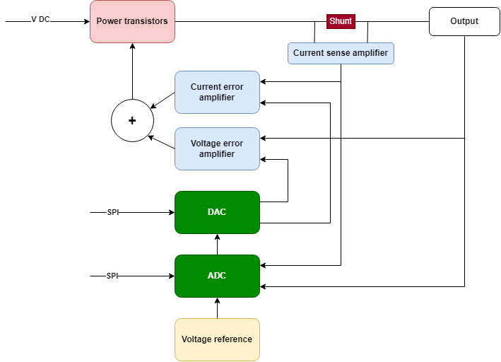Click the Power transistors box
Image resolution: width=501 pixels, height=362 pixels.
132,21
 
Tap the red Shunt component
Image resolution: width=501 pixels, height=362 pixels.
341,21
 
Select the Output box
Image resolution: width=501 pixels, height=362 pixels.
464,21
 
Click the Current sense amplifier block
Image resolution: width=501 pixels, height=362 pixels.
341,53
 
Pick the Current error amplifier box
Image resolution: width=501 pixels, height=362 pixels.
217,92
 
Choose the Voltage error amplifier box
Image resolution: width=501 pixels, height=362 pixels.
217,148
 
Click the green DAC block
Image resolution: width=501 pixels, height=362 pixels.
217,212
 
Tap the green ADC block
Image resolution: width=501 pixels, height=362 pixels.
217,276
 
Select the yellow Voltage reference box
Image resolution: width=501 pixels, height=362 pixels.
217,339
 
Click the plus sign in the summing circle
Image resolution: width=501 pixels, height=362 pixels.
132,121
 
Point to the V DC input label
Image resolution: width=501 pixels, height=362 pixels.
40,20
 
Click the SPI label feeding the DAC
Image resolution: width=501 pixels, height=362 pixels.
113,212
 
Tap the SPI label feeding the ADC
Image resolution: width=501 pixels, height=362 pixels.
112,276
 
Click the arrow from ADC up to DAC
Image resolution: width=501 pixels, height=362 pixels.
217,245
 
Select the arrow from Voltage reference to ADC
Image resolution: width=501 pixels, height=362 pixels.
217,308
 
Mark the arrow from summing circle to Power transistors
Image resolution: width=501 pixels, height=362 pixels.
132,71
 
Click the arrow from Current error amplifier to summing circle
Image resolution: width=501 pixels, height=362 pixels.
163,100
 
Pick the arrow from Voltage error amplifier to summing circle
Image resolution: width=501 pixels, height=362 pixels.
161,142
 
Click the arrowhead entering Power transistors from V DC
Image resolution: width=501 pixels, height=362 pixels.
87,21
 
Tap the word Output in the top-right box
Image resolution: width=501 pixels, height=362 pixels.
464,21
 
